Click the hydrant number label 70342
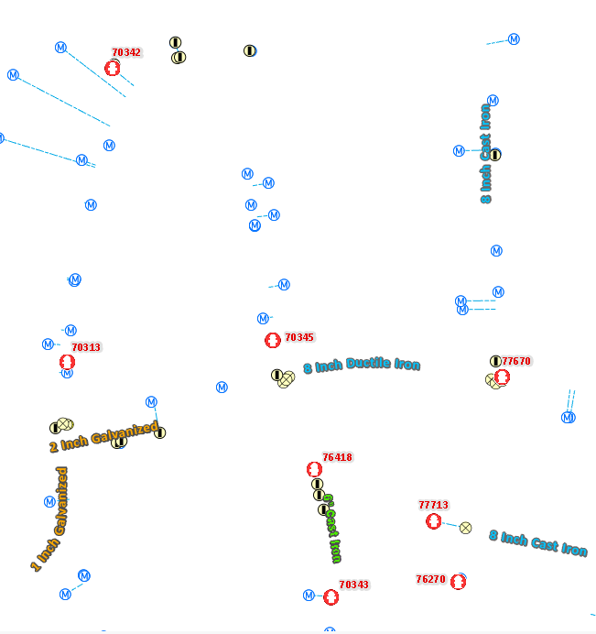(x=126, y=52)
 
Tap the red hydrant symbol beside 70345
(x=273, y=340)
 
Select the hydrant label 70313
(x=86, y=347)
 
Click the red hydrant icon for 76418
(x=314, y=469)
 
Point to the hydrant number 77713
(x=434, y=505)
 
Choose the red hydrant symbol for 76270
(x=458, y=582)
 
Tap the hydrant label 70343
(x=354, y=585)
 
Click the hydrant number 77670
(x=516, y=361)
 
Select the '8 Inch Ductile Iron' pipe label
(x=362, y=365)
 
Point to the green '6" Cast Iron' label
(x=332, y=529)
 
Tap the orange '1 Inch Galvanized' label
(x=51, y=519)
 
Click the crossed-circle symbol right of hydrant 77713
(x=465, y=528)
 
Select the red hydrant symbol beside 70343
(x=331, y=597)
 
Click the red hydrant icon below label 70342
(x=113, y=68)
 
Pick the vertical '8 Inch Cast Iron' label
(x=486, y=154)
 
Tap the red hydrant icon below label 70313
(x=67, y=362)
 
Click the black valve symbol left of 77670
(x=495, y=361)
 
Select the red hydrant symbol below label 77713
(x=434, y=521)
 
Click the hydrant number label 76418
(x=338, y=457)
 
